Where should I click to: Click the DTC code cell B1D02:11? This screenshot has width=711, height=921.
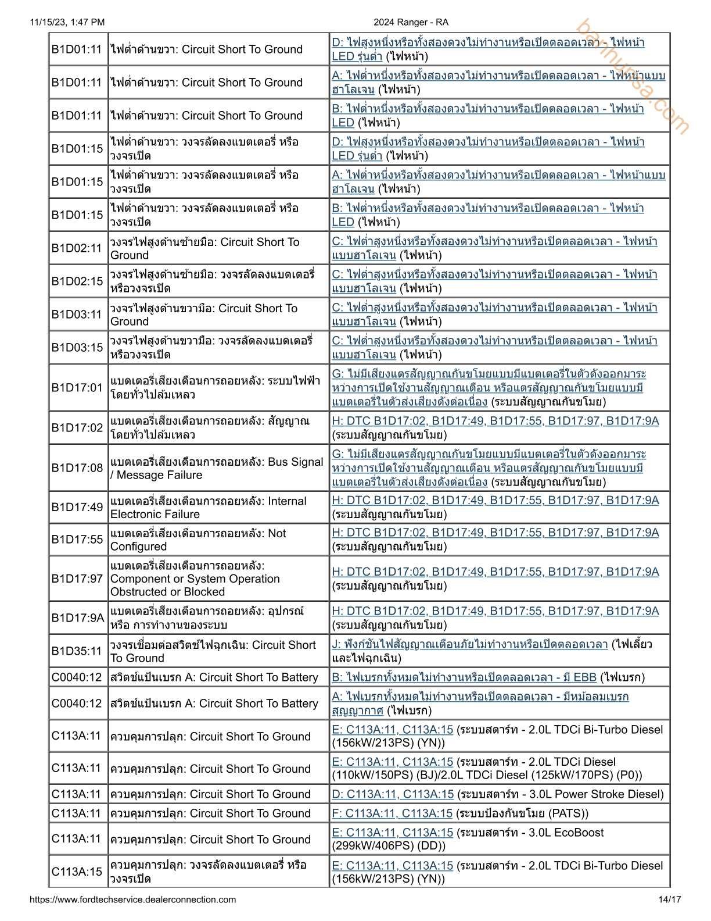(77, 248)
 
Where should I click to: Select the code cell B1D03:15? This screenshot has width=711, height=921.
(77, 348)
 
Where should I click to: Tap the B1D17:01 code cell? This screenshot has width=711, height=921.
(77, 388)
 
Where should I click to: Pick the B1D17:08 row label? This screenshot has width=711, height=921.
(77, 468)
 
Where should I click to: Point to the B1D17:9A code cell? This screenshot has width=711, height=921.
(77, 618)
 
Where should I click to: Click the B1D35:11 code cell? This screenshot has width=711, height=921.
(77, 651)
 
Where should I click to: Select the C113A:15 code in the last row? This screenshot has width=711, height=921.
(77, 872)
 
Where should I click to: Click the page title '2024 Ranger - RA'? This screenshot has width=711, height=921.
(411, 22)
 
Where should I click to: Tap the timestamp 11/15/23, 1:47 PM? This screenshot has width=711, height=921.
(67, 22)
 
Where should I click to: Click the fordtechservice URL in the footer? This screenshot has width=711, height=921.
(132, 899)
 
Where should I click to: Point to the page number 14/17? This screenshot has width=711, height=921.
(669, 899)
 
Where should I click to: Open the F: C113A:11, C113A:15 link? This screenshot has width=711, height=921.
(392, 813)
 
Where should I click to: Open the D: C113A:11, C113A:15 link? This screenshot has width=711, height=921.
(393, 794)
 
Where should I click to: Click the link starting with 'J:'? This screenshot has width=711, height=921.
(469, 644)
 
